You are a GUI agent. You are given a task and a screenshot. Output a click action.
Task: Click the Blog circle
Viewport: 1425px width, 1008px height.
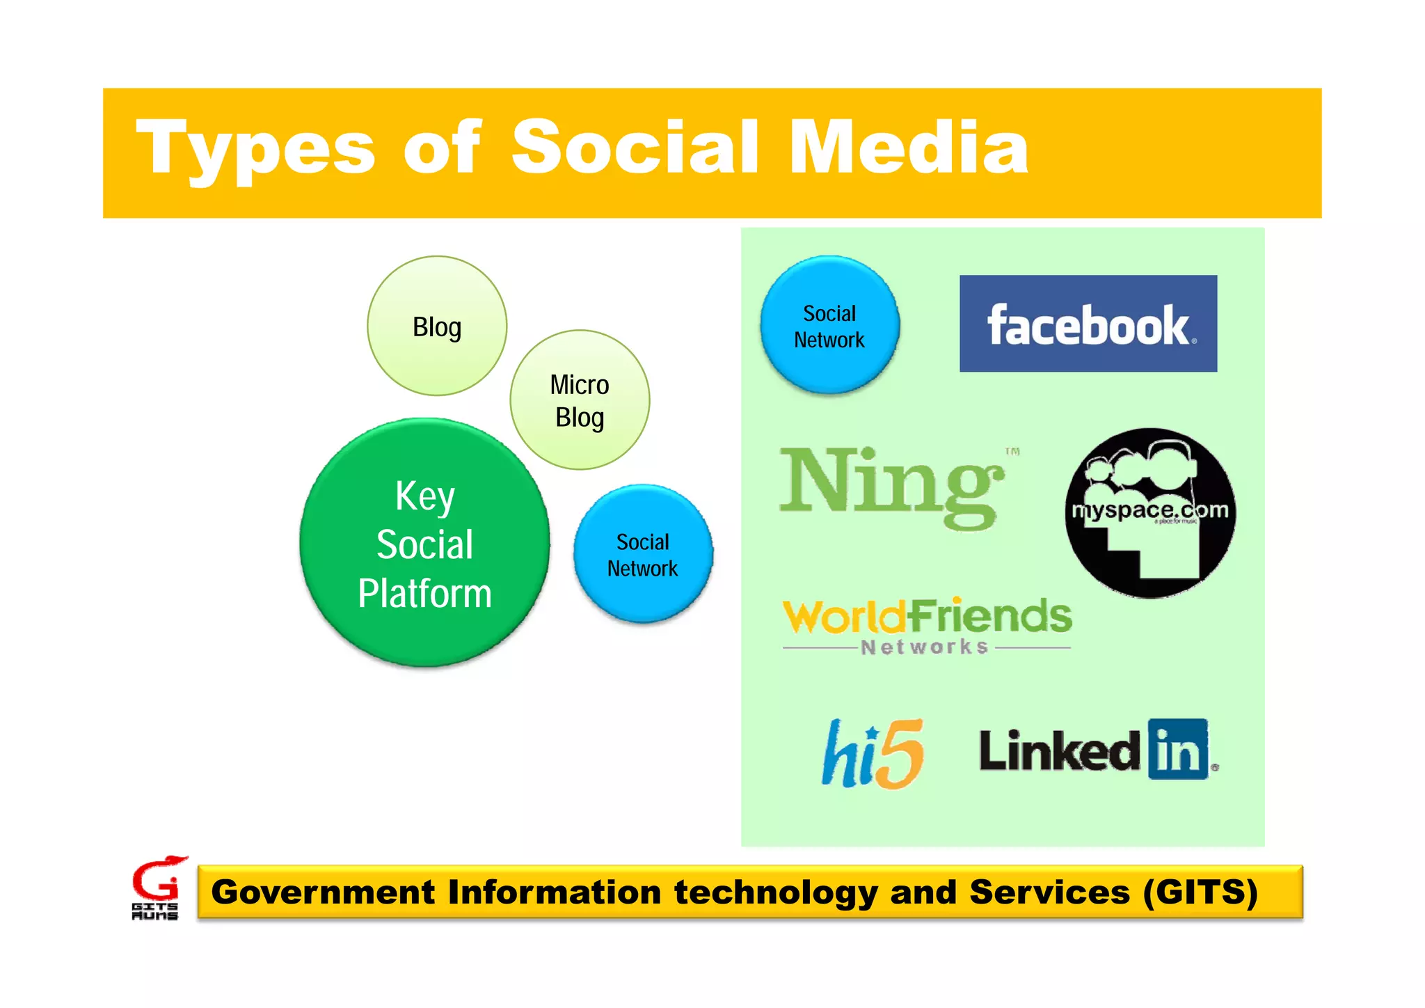pos(437,326)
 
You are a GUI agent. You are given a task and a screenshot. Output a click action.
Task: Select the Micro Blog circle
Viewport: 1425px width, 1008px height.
pos(580,400)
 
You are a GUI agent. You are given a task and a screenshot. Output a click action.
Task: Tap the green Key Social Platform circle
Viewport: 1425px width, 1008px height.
pos(424,543)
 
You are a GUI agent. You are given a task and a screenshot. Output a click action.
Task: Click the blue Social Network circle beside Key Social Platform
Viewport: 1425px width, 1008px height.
pos(643,554)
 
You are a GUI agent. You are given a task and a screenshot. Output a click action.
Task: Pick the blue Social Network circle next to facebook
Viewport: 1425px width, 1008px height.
pos(829,326)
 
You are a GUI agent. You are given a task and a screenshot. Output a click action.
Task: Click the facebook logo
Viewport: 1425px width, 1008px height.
pos(1088,324)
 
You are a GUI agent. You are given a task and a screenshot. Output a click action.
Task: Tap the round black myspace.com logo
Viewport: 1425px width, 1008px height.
pos(1150,513)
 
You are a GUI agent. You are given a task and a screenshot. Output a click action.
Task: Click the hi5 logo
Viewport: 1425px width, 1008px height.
pos(873,754)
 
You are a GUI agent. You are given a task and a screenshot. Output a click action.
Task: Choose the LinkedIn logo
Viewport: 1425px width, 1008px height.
pos(1097,750)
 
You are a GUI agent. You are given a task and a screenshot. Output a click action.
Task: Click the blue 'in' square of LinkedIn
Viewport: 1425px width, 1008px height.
pos(1178,750)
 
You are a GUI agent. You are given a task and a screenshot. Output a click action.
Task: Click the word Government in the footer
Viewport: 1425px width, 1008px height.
pos(322,892)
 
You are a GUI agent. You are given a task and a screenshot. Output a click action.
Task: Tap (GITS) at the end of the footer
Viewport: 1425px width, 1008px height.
pos(1200,892)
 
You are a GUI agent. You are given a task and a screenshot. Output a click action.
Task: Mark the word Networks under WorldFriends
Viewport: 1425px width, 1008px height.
pos(925,647)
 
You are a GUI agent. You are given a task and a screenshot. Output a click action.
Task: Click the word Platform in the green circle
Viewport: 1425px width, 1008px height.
pos(424,594)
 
